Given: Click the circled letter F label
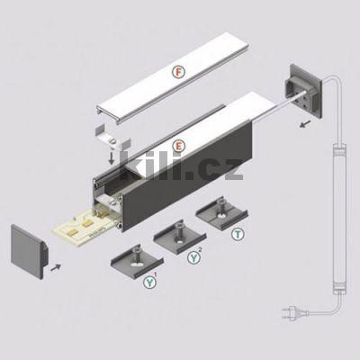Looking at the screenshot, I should tap(179, 71).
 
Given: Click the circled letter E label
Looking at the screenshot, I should tap(179, 145).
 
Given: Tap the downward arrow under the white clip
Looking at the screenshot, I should tap(110, 158).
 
